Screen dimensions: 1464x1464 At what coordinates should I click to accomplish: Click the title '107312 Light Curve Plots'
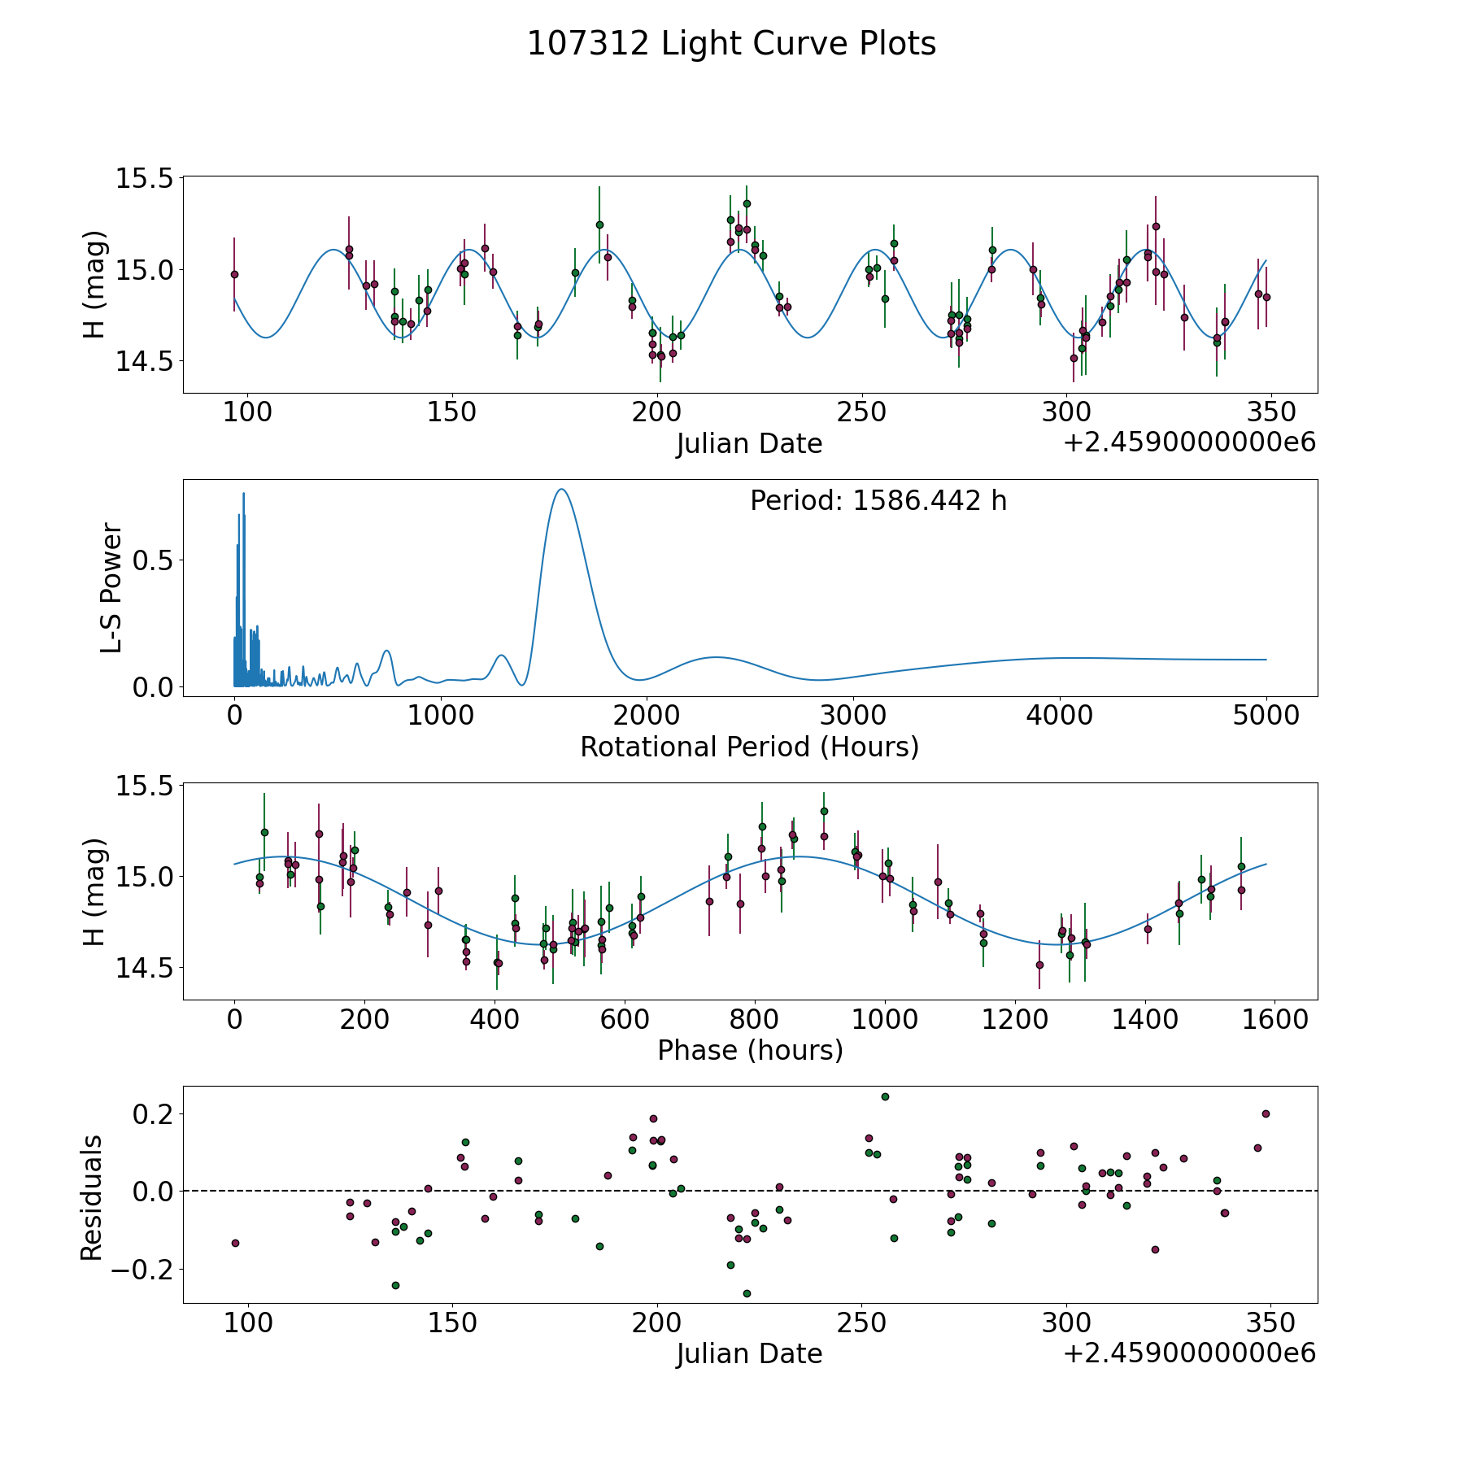tap(731, 44)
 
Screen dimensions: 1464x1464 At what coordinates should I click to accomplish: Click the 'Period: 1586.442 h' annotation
tap(878, 501)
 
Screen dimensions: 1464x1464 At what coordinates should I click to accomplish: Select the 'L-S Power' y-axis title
tap(111, 588)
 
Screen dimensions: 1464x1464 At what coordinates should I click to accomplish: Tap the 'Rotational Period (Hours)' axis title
tap(749, 747)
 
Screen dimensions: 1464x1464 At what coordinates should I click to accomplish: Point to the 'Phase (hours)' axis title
tap(750, 1050)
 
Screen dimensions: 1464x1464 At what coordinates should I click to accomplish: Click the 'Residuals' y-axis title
tap(92, 1197)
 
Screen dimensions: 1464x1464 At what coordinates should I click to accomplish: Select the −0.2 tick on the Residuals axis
tap(143, 1269)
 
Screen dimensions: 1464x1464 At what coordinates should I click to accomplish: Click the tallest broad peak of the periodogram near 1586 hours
tap(561, 490)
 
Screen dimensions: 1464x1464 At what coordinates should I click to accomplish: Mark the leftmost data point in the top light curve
tap(234, 274)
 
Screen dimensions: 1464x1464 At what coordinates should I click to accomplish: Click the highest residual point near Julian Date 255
tap(885, 1096)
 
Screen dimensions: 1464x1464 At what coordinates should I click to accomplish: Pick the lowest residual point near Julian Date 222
tap(747, 1293)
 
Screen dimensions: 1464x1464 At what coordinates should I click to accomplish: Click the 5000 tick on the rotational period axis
tap(1266, 716)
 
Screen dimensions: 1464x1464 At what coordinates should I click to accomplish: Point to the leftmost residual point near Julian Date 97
tap(235, 1243)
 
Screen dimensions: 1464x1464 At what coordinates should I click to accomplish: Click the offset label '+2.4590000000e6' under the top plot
tap(1189, 442)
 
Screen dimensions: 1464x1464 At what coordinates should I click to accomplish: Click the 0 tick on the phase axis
tap(235, 1019)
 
